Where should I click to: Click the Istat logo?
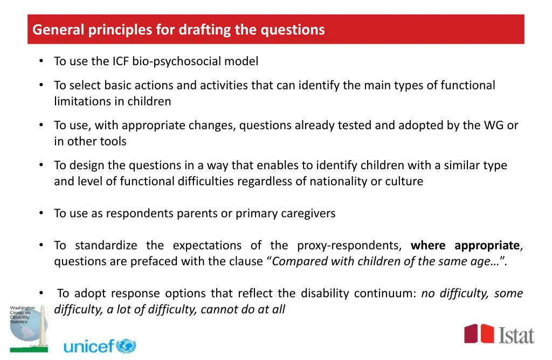tap(499, 334)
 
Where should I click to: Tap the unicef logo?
tap(100, 346)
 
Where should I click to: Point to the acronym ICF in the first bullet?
tap(121, 61)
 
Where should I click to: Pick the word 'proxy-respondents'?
tap(349, 246)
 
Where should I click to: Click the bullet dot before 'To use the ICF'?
tap(41, 61)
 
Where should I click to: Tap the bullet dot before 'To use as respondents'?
tap(41, 213)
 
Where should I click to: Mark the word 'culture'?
tap(404, 182)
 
